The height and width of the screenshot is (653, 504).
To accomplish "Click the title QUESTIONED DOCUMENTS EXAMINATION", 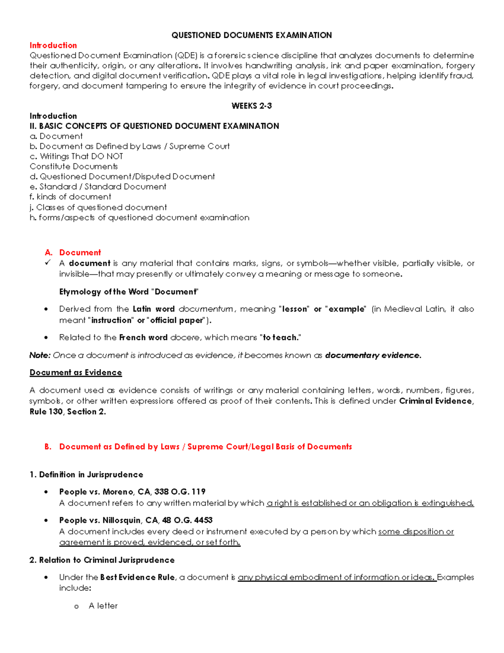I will click(251, 35).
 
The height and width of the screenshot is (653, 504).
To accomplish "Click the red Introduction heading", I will click(53, 45).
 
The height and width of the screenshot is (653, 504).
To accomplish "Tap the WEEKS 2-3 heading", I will click(251, 106).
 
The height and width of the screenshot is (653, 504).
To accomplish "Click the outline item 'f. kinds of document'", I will click(70, 197).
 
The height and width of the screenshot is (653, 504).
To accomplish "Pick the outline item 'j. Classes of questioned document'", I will click(98, 207).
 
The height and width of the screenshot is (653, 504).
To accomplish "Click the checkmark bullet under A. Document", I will click(48, 263).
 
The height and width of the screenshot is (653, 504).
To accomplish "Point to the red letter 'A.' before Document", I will click(49, 253).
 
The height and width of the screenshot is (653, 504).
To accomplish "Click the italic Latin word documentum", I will click(206, 309).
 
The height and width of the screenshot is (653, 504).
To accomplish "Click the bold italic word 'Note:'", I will click(40, 355).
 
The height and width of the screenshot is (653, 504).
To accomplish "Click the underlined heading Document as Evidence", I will click(76, 373).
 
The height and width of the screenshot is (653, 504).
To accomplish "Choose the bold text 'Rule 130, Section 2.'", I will click(68, 412).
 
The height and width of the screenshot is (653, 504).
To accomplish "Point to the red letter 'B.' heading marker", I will click(48, 447).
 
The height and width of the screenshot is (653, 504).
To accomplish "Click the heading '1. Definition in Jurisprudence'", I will click(86, 475).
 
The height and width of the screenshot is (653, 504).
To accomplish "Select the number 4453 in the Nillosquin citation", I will click(203, 520).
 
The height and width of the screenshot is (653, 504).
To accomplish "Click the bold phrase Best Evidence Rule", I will click(137, 577).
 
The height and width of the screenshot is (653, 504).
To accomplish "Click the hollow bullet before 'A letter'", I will click(76, 606).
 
